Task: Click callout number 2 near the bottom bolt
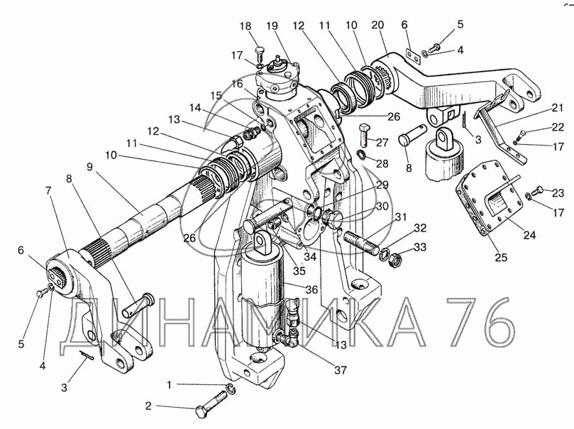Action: click(148, 406)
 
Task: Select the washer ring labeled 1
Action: click(232, 389)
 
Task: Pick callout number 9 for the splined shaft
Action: click(90, 167)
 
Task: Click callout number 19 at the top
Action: click(271, 26)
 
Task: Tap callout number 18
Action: click(245, 26)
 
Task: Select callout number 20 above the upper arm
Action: click(377, 25)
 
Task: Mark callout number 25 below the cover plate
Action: click(501, 257)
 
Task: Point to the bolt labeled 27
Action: click(363, 135)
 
